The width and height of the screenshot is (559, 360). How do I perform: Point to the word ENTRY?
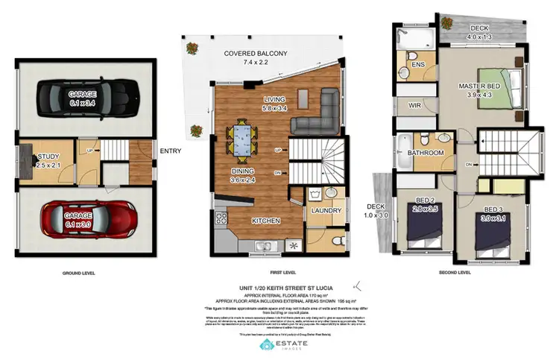point(171,151)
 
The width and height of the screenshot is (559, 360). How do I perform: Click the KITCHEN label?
point(266,221)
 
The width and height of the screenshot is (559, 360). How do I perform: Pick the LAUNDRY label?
point(327,211)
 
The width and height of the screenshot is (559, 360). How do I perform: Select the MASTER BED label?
point(479,86)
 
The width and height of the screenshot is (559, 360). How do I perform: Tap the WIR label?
point(415,107)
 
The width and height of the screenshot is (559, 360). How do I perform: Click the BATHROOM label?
point(426,153)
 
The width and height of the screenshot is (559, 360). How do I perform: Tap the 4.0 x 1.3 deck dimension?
point(479,37)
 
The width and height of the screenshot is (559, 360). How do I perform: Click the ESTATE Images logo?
point(279,345)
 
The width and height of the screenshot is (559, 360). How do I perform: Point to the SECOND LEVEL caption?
point(455,273)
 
